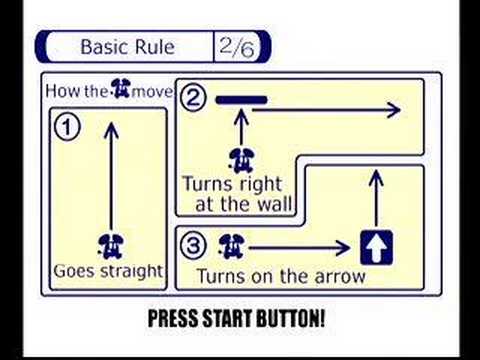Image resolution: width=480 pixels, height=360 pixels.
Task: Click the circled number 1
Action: click(x=67, y=127)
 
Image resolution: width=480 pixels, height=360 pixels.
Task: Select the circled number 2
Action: click(x=194, y=98)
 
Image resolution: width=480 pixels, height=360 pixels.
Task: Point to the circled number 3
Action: click(x=194, y=244)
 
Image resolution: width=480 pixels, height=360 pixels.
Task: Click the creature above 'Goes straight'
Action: click(x=111, y=243)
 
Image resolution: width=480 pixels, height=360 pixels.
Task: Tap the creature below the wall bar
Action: click(x=240, y=158)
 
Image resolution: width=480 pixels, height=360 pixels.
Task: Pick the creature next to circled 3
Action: click(x=231, y=244)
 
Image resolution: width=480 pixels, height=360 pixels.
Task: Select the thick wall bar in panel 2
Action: click(x=241, y=99)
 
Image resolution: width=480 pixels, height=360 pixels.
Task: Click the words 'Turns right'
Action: click(x=232, y=185)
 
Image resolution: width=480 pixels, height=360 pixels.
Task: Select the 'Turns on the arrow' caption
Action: click(x=281, y=276)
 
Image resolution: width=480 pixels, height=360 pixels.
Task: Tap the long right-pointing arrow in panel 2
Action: click(x=325, y=110)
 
